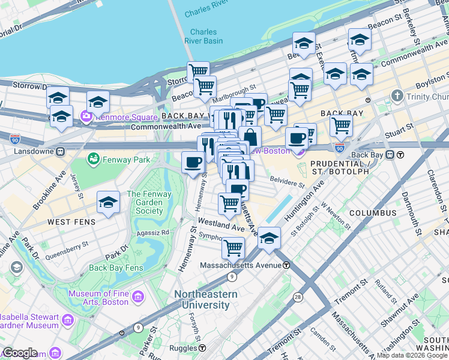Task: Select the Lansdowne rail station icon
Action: [x=60, y=152]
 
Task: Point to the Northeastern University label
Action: [x=205, y=299]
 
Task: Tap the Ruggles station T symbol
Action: [x=202, y=348]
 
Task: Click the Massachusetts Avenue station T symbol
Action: [x=286, y=265]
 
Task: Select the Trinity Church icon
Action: [x=397, y=96]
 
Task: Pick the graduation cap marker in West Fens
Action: [x=108, y=203]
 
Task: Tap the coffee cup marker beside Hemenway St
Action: [x=193, y=163]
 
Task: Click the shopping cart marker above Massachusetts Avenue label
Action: [x=233, y=247]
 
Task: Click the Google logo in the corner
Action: [x=20, y=353]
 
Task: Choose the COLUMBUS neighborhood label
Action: [x=372, y=213]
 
